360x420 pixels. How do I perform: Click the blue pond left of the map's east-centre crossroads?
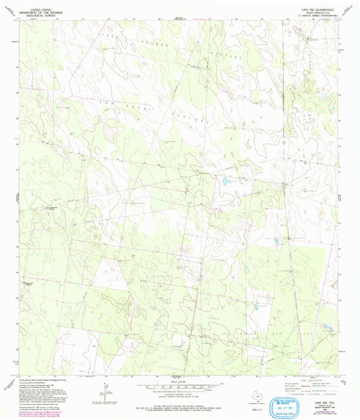(x=224, y=181)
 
